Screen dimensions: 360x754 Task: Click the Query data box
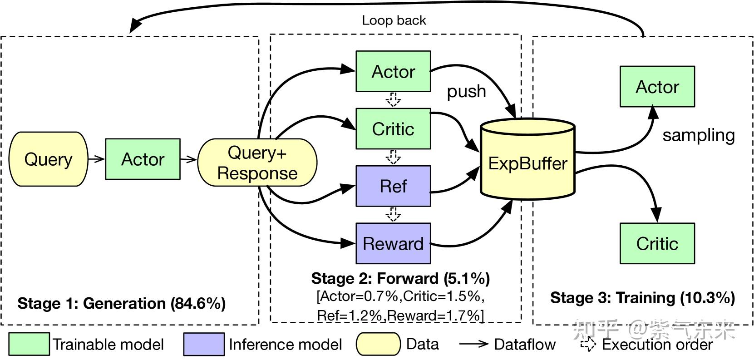49,159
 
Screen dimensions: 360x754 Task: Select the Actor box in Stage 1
143,159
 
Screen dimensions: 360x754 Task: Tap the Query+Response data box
257,163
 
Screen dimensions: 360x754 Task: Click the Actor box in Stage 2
393,72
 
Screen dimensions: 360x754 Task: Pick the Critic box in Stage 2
393,129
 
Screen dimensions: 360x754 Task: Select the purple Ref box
393,186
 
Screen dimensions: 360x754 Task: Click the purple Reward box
393,243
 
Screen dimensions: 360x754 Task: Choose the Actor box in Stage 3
657,87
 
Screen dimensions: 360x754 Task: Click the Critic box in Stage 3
657,243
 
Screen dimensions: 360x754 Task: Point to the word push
466,91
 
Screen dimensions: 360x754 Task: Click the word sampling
698,135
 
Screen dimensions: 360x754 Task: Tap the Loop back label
394,20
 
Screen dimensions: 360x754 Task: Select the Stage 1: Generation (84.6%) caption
121,303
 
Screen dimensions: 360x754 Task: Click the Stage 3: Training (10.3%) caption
642,298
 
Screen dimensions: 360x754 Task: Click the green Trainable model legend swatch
29,344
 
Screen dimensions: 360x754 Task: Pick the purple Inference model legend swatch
204,344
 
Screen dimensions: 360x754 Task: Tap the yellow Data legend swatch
378,344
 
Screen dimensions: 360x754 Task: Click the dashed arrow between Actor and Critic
393,99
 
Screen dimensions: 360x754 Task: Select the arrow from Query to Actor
96,159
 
